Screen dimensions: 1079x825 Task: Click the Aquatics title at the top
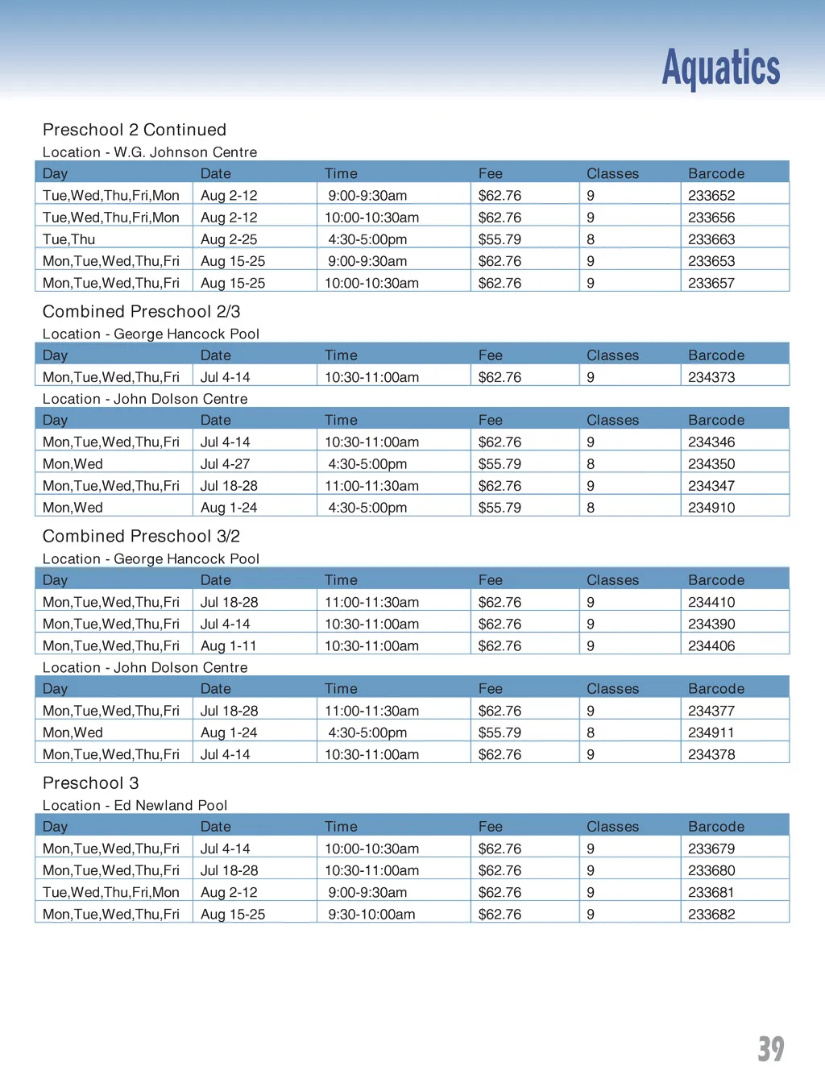click(x=720, y=68)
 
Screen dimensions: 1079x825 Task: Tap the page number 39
click(x=770, y=1048)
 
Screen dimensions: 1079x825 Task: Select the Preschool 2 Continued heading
click(x=135, y=130)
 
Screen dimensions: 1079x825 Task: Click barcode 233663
click(x=711, y=239)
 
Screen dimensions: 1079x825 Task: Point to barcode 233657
click(x=711, y=283)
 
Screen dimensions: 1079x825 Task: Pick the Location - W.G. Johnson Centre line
click(x=150, y=152)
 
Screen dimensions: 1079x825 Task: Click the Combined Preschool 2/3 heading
click(x=141, y=312)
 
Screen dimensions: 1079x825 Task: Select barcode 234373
click(x=711, y=377)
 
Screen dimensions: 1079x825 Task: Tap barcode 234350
click(x=711, y=464)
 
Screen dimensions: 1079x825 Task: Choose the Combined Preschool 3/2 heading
click(x=141, y=537)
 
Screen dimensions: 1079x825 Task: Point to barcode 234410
click(x=711, y=602)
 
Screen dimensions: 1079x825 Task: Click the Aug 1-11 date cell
click(x=229, y=645)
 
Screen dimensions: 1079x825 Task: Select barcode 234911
click(x=711, y=732)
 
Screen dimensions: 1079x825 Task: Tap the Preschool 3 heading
click(x=91, y=783)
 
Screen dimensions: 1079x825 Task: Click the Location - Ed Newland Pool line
click(x=135, y=806)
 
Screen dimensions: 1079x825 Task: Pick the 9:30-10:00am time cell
click(x=371, y=915)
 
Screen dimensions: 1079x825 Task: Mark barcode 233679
click(x=711, y=849)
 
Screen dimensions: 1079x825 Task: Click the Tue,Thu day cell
click(x=69, y=239)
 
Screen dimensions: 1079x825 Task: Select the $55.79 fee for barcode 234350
click(x=500, y=464)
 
